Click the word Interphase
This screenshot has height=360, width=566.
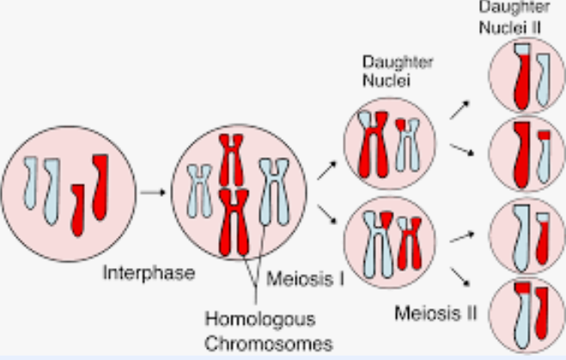coord(149,274)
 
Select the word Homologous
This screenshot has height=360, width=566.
coord(259,320)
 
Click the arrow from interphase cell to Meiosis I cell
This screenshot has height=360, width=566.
coord(152,192)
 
